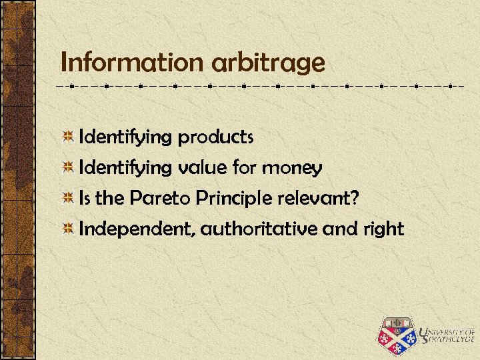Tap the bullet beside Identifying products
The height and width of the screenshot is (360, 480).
(67, 138)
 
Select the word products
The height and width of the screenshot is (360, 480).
(215, 138)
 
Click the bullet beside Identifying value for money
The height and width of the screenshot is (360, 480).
(67, 168)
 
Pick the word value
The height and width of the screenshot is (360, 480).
(203, 168)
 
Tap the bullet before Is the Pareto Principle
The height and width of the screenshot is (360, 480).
(67, 199)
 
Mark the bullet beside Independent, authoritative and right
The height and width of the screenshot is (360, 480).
(67, 229)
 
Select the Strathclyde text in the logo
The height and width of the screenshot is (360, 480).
(446, 340)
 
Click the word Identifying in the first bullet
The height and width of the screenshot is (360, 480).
(125, 138)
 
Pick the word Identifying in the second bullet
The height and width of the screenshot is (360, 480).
(125, 169)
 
